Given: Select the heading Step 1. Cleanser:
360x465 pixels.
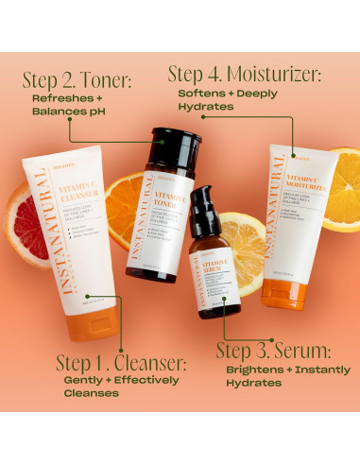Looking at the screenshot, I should point(121,363).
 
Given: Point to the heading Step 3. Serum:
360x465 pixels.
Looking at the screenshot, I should point(274,350).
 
